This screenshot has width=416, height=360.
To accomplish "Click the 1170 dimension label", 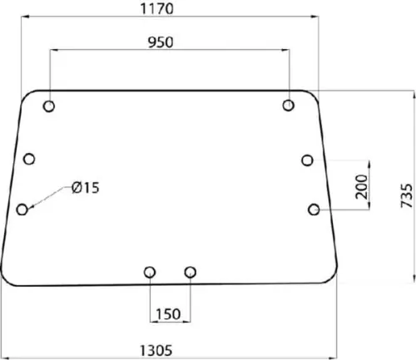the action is [157, 8].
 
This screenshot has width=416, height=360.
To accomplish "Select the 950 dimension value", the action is [161, 42].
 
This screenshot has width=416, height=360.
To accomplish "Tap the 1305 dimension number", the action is [156, 350].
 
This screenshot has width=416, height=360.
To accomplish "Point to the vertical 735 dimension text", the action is [407, 195].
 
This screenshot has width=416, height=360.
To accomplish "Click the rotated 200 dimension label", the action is [361, 186].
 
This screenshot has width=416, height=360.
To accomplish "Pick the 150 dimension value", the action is [168, 314].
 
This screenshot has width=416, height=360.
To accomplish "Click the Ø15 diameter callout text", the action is [85, 188].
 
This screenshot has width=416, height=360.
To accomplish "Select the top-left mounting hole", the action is [49, 106].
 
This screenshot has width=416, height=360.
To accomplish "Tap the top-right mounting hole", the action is [289, 106].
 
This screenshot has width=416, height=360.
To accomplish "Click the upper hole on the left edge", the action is [29, 159].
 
